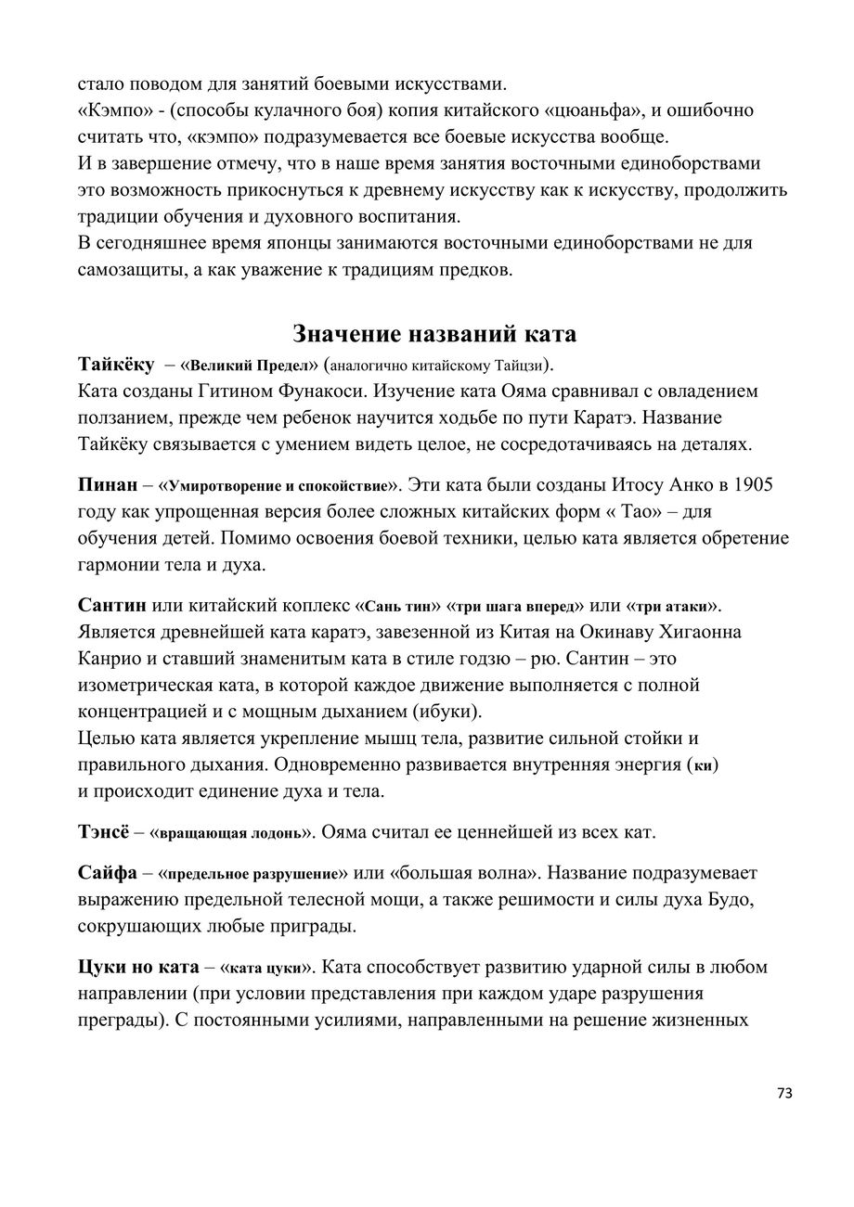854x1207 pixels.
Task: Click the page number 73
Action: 784,1093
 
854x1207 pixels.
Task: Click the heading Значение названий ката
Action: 434,333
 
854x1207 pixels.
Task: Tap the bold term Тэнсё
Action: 109,831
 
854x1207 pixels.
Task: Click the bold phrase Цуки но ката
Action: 137,967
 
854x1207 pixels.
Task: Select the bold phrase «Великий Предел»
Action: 249,363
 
